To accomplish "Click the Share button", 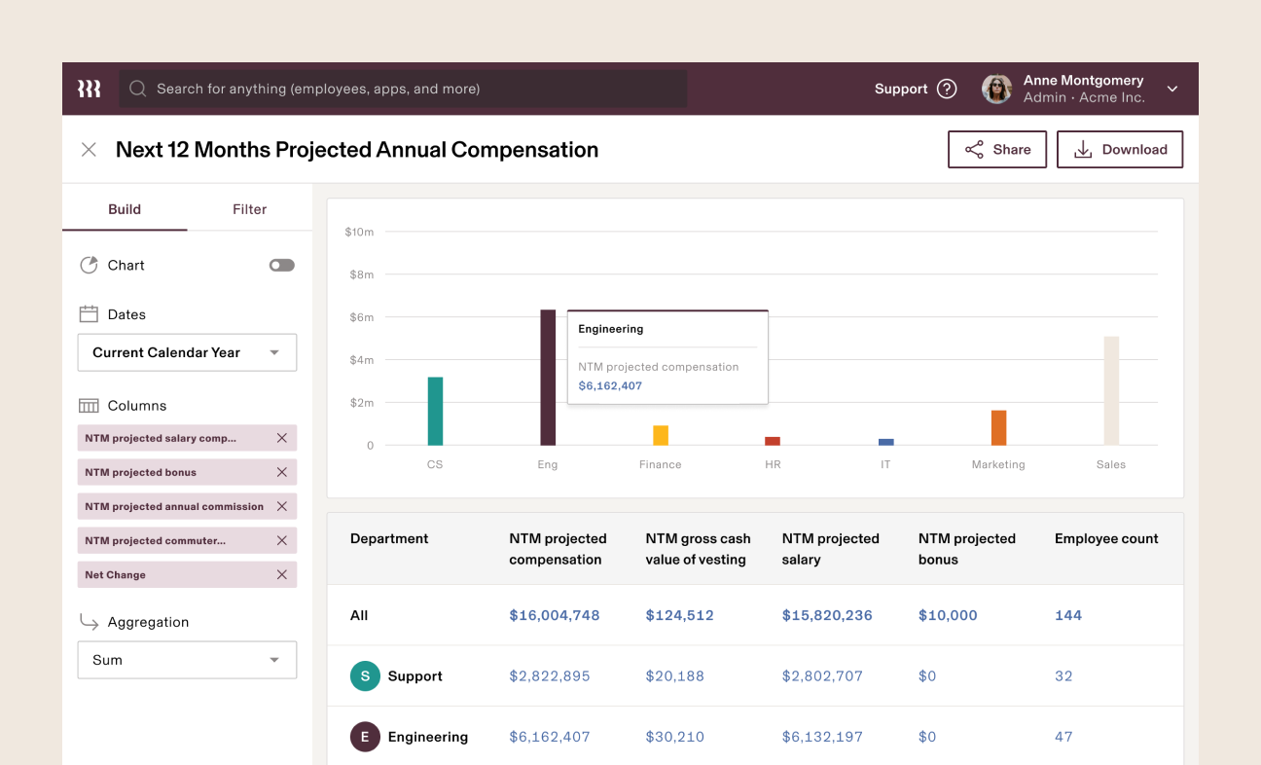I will [x=997, y=150].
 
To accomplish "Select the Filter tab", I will [x=249, y=209].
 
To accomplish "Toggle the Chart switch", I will [x=282, y=265].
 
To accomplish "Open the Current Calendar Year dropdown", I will [x=187, y=352].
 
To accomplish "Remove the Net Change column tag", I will [x=282, y=574].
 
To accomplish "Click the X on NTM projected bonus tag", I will [x=282, y=472].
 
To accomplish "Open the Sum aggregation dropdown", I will [x=187, y=660].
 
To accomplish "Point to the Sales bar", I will [x=1111, y=390].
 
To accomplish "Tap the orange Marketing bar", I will [x=998, y=427].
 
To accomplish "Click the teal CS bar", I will [x=435, y=411].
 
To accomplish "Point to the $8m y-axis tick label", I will [x=361, y=274].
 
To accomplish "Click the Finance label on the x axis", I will [x=660, y=464].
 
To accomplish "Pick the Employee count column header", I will [x=1106, y=538].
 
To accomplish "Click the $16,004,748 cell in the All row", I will [x=555, y=615].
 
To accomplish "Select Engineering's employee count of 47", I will [x=1063, y=737].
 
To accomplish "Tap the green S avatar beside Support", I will [x=365, y=676].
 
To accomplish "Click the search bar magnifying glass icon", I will [x=138, y=89].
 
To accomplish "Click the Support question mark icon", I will [x=947, y=89].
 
